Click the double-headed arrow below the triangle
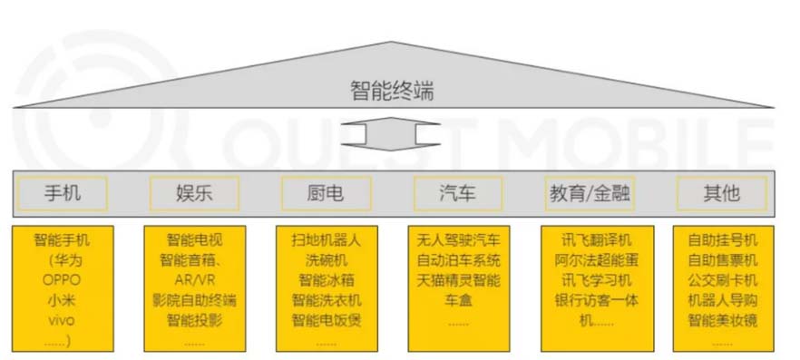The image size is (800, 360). (x=391, y=136)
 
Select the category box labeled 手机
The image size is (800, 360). (x=62, y=192)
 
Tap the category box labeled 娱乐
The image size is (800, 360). (x=194, y=192)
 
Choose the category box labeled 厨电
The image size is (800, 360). (x=326, y=192)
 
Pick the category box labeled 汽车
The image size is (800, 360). (x=458, y=192)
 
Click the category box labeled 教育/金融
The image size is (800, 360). (x=590, y=192)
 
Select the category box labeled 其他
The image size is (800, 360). (x=722, y=192)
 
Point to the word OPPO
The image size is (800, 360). (x=62, y=280)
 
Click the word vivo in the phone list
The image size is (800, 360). (x=62, y=320)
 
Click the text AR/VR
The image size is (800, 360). (x=194, y=280)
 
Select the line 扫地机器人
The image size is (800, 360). (x=326, y=240)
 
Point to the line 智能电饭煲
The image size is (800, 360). (x=326, y=320)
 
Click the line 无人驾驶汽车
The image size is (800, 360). (x=458, y=240)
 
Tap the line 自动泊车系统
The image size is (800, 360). (x=458, y=260)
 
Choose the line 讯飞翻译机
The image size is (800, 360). (x=590, y=240)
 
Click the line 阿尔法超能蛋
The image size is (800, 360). (x=590, y=260)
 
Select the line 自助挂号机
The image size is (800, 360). (x=722, y=240)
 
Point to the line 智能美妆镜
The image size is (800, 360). (x=722, y=320)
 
